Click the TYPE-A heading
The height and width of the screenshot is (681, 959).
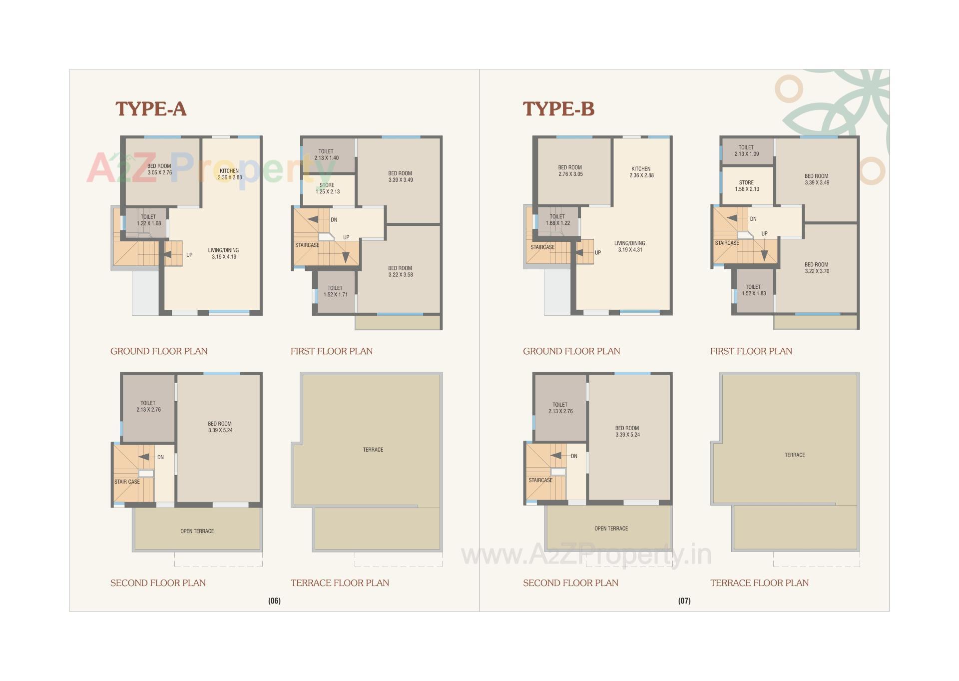[151, 109]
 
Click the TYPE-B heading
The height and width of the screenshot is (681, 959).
[558, 109]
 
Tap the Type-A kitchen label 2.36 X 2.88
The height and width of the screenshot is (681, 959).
[229, 174]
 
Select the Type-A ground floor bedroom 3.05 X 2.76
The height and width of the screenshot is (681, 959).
[159, 169]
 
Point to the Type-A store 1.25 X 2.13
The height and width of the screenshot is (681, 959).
[327, 188]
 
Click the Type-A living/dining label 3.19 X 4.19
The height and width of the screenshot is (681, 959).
[223, 254]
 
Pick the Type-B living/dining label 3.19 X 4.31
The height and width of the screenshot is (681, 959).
[629, 247]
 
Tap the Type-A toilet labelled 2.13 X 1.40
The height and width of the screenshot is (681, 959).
[326, 154]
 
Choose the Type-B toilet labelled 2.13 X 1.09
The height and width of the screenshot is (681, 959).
[746, 150]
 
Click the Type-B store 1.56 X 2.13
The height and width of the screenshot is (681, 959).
[746, 186]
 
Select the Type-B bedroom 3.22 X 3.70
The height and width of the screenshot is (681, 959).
[816, 268]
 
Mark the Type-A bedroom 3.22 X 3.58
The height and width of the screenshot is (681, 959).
[400, 271]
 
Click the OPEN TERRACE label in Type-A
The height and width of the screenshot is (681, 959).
[197, 531]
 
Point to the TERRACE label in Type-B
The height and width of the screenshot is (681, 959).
[794, 455]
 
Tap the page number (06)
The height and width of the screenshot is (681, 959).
[274, 601]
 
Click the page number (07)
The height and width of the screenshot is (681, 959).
[684, 601]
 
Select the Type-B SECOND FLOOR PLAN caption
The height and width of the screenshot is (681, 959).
[570, 583]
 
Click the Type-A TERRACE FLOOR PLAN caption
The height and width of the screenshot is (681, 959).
[340, 583]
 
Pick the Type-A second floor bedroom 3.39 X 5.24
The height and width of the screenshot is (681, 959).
[220, 427]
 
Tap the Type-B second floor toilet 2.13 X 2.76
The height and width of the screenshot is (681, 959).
[560, 408]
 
